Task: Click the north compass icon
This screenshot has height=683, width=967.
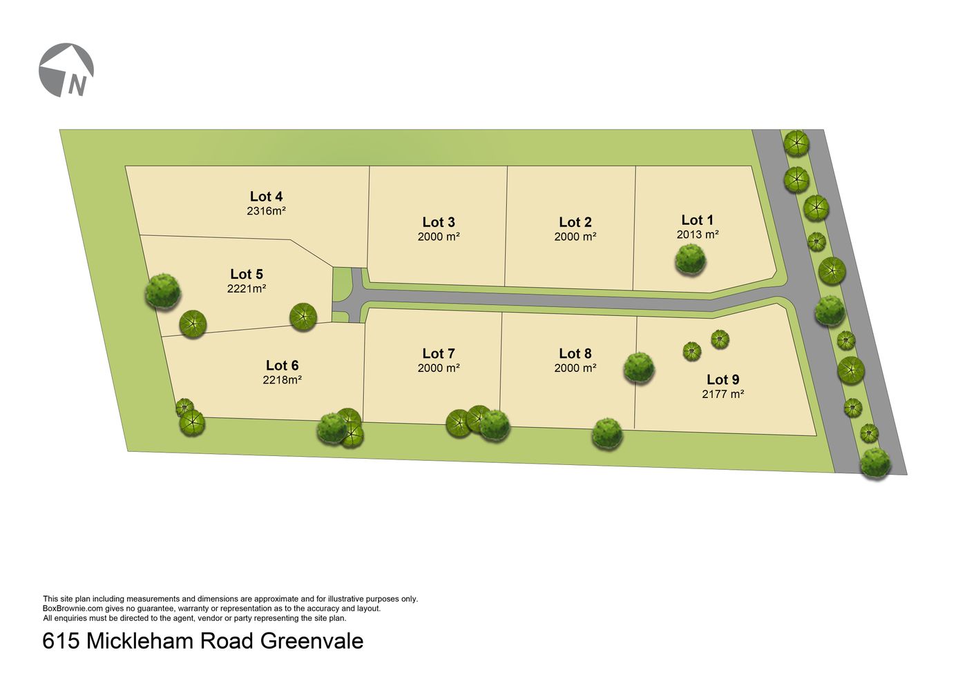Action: click(x=66, y=70)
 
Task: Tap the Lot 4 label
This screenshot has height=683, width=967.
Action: click(x=266, y=197)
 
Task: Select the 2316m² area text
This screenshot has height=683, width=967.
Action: click(x=266, y=211)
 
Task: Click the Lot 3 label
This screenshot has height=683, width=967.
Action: click(x=439, y=222)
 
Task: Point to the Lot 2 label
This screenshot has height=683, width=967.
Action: click(x=575, y=222)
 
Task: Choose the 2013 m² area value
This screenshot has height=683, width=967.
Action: click(x=698, y=235)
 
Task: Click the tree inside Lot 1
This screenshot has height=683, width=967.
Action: click(x=690, y=259)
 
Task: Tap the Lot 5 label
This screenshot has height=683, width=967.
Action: click(x=247, y=274)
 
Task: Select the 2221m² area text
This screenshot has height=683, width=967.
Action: click(x=247, y=289)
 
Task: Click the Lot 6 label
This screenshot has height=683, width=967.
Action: click(x=283, y=366)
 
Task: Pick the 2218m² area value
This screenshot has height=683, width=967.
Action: click(x=283, y=380)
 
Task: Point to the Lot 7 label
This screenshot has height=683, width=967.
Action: click(x=439, y=354)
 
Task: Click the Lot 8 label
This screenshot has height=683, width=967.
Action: click(x=575, y=354)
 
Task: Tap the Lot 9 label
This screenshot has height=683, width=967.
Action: click(x=722, y=379)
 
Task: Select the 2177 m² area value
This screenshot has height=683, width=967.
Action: click(x=722, y=395)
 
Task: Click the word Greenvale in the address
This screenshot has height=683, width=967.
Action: click(x=312, y=641)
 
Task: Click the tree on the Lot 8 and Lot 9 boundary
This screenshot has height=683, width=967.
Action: click(x=639, y=367)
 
